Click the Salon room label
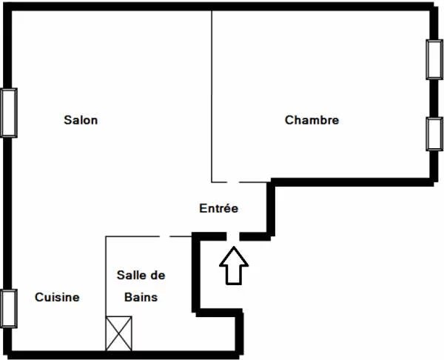tap(81, 120)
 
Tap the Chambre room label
tap(312, 120)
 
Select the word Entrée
tap(218, 208)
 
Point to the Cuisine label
tap(57, 297)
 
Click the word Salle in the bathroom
tap(129, 275)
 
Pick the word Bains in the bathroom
tap(141, 297)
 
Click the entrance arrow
tap(234, 265)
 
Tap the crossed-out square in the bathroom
tap(118, 333)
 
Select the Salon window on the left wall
tap(9, 113)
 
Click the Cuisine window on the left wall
tap(9, 308)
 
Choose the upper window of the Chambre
tap(434, 59)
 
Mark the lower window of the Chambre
tap(434, 134)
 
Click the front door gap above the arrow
tap(233, 236)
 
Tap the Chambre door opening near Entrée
tap(233, 182)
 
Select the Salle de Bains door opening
tap(164, 236)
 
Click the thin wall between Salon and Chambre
tap(212, 96)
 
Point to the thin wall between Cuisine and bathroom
tap(106, 293)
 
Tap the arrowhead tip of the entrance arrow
tap(234, 247)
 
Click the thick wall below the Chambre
tap(352, 182)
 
